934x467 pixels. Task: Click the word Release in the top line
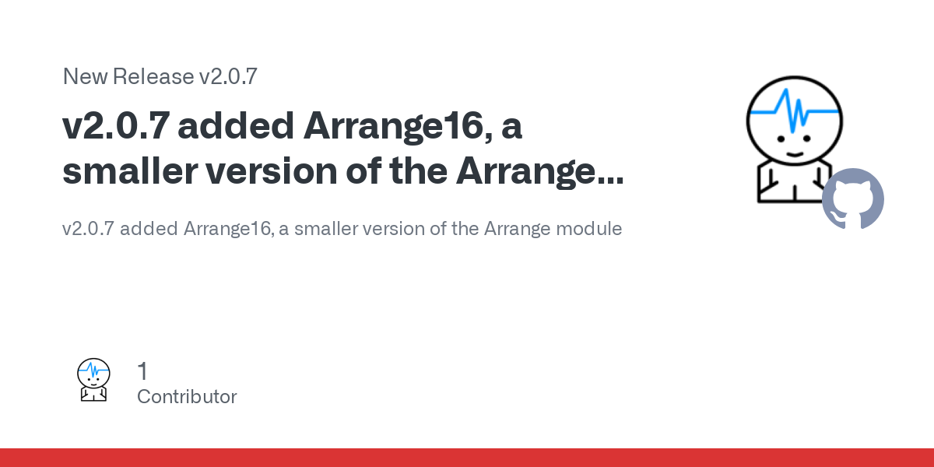click(x=153, y=76)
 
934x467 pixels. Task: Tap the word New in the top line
click(x=85, y=76)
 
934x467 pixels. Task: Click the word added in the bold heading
click(x=236, y=126)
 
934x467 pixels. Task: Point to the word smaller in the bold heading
click(x=130, y=170)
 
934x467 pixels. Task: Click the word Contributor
click(x=187, y=396)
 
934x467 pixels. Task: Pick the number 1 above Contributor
click(x=142, y=370)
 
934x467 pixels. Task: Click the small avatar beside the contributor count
click(x=93, y=380)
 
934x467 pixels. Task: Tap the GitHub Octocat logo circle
click(x=853, y=199)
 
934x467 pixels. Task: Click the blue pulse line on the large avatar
click(x=795, y=111)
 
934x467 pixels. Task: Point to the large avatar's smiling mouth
click(x=795, y=155)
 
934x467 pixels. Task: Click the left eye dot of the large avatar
click(x=781, y=139)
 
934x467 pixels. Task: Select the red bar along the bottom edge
click(x=467, y=458)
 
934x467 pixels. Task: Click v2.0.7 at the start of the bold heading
click(x=116, y=126)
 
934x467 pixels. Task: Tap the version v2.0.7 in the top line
click(x=228, y=76)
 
